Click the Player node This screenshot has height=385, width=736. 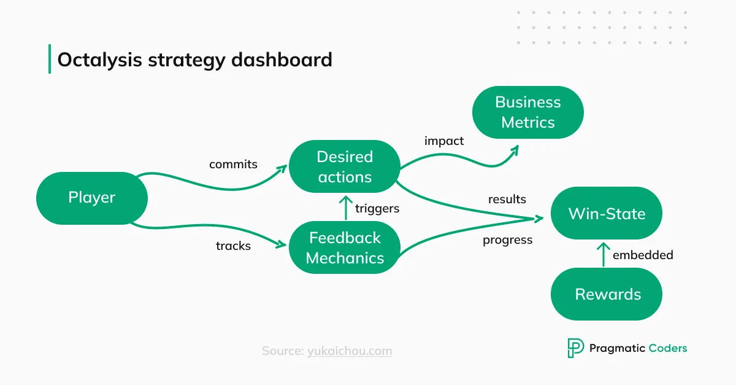point(92,198)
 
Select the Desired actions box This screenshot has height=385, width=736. point(344,167)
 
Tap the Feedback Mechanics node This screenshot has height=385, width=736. point(344,247)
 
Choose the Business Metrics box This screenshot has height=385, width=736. point(527,112)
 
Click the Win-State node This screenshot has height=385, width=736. point(607,214)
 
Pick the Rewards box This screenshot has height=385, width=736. point(607,294)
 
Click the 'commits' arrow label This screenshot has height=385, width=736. point(233,165)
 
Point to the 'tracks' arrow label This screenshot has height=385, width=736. point(233,246)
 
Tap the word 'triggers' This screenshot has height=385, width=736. point(377,209)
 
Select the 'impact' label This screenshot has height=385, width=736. point(444,141)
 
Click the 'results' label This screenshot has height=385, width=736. point(507,199)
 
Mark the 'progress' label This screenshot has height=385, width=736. point(507,240)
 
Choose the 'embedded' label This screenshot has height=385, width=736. point(643,255)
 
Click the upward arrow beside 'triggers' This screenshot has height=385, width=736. point(345,208)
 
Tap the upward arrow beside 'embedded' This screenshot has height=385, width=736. point(603,254)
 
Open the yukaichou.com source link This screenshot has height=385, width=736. point(350,351)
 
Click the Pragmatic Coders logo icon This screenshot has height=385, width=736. point(575,348)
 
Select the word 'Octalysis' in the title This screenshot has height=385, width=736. point(99,60)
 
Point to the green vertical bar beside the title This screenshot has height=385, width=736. point(50,59)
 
